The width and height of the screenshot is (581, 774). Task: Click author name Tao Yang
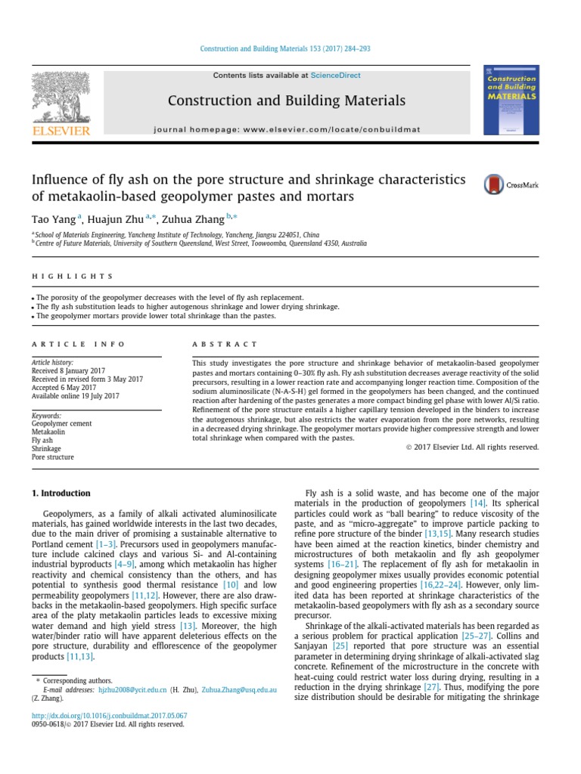point(53,220)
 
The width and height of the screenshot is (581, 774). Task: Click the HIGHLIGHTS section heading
point(73,277)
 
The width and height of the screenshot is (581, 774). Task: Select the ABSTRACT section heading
point(225,344)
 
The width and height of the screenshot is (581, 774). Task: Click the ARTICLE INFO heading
point(78,344)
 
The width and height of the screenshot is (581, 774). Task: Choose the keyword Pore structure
point(52,457)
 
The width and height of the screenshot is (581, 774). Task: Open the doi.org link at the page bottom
point(109,714)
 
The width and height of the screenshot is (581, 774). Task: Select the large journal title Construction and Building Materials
point(286,101)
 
